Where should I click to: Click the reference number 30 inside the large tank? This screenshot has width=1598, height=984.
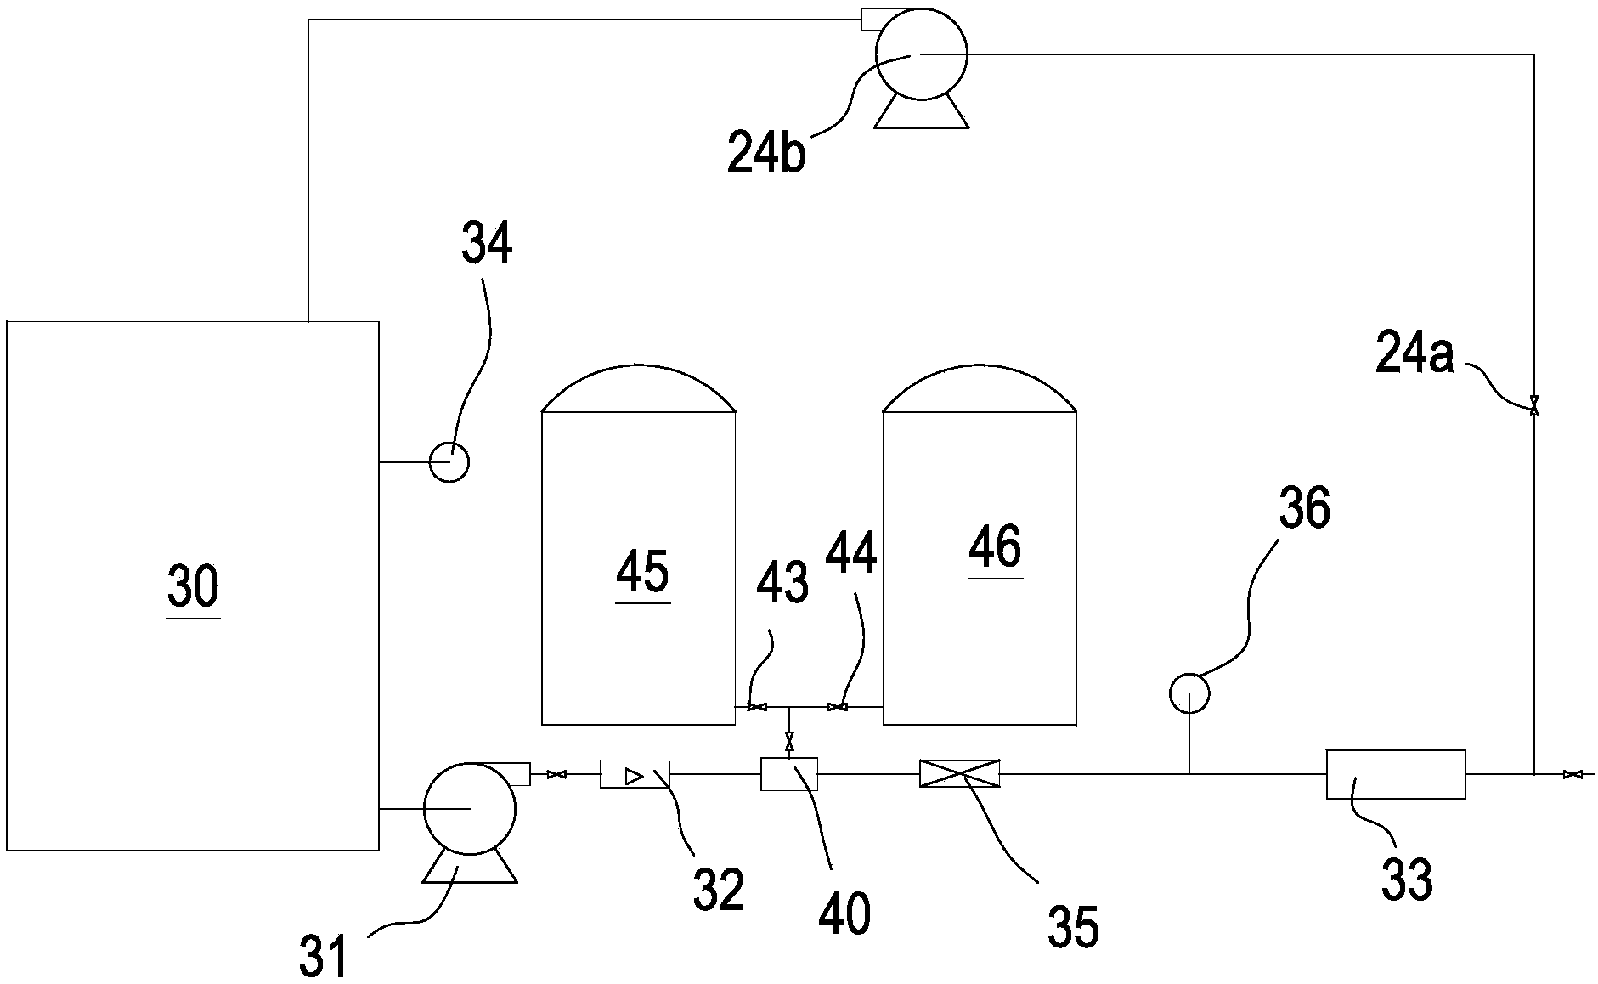coord(193,586)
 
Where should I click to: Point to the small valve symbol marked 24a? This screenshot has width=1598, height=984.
coord(1534,407)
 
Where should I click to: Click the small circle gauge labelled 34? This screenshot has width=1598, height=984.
coord(449,462)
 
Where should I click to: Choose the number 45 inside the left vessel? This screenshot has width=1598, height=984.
coord(642,572)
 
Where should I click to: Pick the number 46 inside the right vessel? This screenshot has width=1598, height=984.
coord(995,546)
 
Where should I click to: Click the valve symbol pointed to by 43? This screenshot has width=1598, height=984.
coord(754,707)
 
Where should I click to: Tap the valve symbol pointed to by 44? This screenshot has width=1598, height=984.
coord(838,707)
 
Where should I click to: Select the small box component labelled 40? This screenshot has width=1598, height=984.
coord(789,774)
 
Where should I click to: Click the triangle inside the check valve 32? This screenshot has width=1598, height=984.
coord(634,775)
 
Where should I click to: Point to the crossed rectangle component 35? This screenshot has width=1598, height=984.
coord(960,774)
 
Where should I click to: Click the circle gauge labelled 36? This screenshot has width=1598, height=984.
coord(1189,693)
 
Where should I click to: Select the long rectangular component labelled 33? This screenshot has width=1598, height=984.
coord(1396,774)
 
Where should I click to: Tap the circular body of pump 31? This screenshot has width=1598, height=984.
coord(469,809)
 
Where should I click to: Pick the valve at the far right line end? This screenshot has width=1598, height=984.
coord(1573,774)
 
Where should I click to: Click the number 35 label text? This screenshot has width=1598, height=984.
coord(1073,925)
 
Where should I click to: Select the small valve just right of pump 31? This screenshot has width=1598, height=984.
coord(557,774)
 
